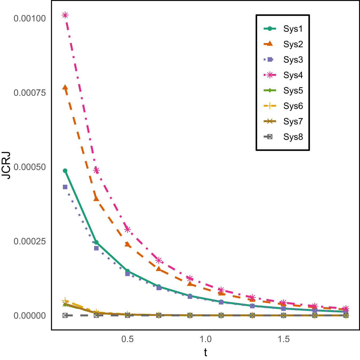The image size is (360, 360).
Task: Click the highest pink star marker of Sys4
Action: click(x=65, y=15)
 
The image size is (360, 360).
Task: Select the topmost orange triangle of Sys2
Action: click(x=65, y=88)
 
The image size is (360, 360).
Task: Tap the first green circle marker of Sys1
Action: click(x=65, y=171)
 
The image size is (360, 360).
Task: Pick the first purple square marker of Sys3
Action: click(x=65, y=187)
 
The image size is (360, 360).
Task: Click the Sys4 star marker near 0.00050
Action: click(x=96, y=170)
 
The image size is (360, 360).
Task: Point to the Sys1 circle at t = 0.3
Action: click(x=96, y=242)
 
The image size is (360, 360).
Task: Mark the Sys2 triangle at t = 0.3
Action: click(x=96, y=199)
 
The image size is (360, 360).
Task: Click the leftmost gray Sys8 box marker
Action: click(x=65, y=315)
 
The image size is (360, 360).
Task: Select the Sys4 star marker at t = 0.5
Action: click(x=127, y=229)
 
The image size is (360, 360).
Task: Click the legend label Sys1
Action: click(x=293, y=29)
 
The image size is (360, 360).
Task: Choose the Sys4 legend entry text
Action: click(x=293, y=75)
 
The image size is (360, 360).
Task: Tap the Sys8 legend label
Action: click(x=293, y=137)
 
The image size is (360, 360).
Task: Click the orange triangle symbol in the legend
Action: click(x=270, y=44)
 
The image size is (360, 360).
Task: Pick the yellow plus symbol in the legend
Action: click(x=270, y=106)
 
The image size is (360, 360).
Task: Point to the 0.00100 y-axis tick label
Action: click(x=30, y=18)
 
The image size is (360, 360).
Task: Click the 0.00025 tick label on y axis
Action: click(x=30, y=241)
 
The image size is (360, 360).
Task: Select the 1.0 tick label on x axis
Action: click(x=206, y=339)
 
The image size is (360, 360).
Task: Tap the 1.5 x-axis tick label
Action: click(x=283, y=339)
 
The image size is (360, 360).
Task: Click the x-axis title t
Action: click(x=206, y=353)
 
